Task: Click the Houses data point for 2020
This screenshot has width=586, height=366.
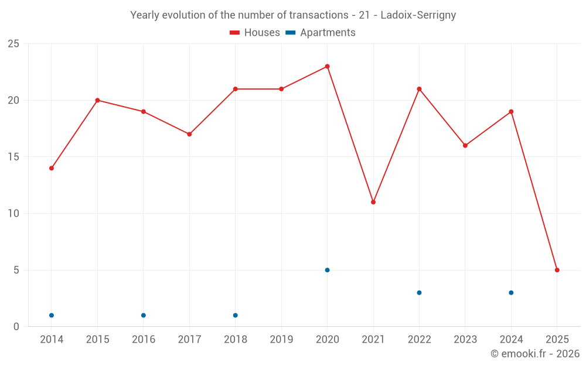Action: click(x=327, y=66)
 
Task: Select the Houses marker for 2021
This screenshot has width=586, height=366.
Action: click(x=373, y=202)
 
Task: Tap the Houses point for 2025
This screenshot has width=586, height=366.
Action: click(x=557, y=270)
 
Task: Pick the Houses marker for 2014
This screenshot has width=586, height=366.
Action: click(x=52, y=168)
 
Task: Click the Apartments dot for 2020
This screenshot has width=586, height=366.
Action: click(x=327, y=270)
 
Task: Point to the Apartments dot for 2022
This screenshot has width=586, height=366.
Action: click(x=419, y=293)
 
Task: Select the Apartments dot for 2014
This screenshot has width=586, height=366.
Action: click(x=52, y=315)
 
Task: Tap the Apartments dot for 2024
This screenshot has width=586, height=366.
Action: click(x=511, y=293)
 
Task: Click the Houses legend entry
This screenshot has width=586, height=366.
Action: click(x=255, y=33)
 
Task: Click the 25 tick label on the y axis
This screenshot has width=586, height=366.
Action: click(x=13, y=44)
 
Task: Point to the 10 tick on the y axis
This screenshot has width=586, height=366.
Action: click(x=13, y=214)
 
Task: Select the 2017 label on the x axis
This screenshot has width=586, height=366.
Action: click(x=189, y=340)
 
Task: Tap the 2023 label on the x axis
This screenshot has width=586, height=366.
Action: click(x=465, y=340)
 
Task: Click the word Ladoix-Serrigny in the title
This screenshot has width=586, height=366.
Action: click(x=418, y=15)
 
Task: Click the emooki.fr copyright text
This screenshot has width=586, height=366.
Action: click(x=534, y=354)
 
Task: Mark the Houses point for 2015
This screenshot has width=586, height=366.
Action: click(x=97, y=100)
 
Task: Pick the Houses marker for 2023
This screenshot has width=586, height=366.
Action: click(x=465, y=145)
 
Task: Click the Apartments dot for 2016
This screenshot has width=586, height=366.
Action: click(x=144, y=315)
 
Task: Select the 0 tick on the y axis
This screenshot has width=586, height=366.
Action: click(x=16, y=327)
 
